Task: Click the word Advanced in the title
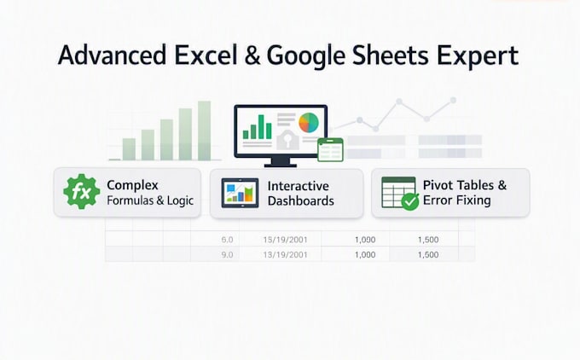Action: coord(112,55)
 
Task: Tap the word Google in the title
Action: coord(306,56)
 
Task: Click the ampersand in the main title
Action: coord(252,55)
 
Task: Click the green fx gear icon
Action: coord(81,192)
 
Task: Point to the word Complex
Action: coord(132,185)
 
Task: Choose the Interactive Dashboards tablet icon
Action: coord(240,193)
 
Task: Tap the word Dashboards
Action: coord(301,201)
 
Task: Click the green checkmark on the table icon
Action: coord(410,201)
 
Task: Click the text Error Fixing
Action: coord(457,200)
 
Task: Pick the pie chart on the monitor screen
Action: coord(309,123)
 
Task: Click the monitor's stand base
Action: coord(281,165)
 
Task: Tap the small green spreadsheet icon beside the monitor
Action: coord(330,150)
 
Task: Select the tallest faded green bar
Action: coord(204,131)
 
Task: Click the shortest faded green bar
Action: coord(129,149)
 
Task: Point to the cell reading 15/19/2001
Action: coord(285,240)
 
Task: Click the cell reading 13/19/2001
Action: coord(285,255)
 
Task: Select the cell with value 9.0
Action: coord(227,255)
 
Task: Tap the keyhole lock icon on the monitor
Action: coord(287,140)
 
